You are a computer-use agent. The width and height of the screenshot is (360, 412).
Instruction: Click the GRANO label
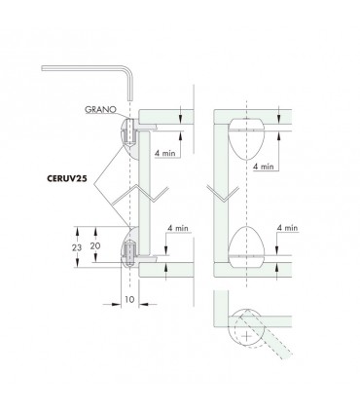click(100, 109)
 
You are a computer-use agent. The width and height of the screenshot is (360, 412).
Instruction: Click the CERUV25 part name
click(67, 178)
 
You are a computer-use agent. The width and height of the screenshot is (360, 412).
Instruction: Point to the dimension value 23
click(77, 248)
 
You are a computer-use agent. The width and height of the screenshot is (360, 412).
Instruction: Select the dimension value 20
click(95, 246)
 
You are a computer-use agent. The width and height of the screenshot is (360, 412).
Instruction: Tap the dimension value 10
click(129, 299)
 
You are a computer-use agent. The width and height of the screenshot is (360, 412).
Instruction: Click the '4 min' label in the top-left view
click(164, 153)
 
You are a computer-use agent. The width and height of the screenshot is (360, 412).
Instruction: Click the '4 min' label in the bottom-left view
click(178, 228)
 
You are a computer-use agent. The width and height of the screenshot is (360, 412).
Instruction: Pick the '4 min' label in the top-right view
click(264, 167)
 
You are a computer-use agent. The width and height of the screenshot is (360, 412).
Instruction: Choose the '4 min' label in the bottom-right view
click(287, 228)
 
